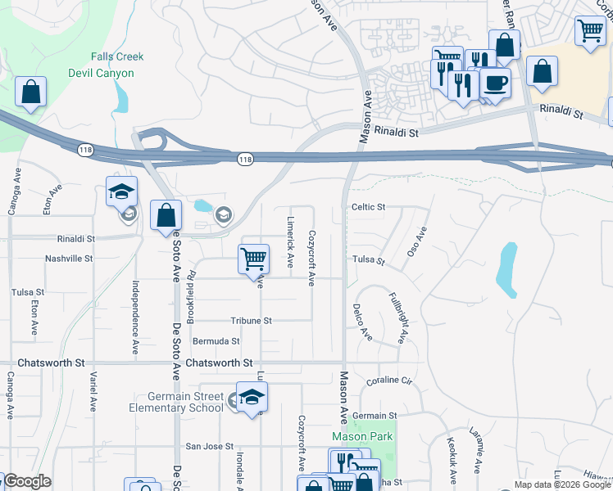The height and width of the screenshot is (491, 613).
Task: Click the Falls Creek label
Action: tap(117, 56)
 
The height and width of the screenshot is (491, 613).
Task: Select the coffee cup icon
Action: tap(494, 83)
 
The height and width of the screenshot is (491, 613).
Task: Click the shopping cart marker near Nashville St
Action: tap(253, 259)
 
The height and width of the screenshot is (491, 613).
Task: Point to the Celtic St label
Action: tap(368, 207)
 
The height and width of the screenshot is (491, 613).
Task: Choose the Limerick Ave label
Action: tap(290, 242)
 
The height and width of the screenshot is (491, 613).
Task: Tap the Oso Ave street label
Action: tap(418, 242)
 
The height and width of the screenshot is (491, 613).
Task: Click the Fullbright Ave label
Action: tap(397, 318)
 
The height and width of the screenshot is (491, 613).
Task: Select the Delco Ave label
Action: tap(362, 322)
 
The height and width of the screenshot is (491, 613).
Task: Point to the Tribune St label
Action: tap(251, 321)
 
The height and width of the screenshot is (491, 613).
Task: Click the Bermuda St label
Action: tap(216, 341)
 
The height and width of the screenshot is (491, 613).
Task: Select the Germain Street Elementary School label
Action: tap(176, 402)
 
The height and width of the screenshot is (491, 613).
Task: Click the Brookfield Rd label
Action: tap(191, 294)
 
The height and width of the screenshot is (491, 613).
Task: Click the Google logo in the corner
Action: tap(27, 481)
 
